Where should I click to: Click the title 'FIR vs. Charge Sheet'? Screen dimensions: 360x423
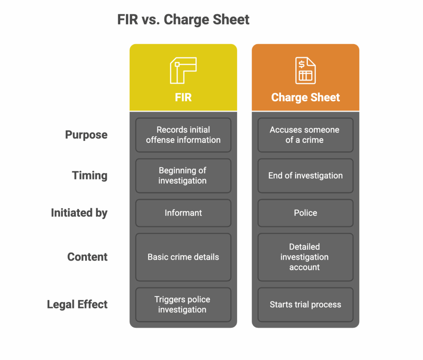(x=183, y=20)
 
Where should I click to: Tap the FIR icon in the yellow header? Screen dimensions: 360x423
(x=183, y=71)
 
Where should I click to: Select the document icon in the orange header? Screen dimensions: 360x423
(x=305, y=71)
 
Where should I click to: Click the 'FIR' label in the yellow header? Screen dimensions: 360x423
(x=183, y=97)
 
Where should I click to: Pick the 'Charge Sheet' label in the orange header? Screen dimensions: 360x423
(x=305, y=97)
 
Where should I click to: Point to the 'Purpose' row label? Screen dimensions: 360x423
(x=86, y=135)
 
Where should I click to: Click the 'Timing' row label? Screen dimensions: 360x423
(x=90, y=175)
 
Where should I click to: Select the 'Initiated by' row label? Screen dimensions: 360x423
(x=79, y=213)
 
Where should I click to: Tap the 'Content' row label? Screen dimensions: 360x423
(x=87, y=257)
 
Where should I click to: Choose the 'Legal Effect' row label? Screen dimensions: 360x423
(x=77, y=304)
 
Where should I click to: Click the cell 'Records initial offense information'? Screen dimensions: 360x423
(x=183, y=135)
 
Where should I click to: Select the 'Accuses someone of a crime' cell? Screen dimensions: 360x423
(x=305, y=135)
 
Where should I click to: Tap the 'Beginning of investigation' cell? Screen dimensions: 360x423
(x=183, y=175)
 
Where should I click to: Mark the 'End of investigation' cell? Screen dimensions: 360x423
(x=305, y=175)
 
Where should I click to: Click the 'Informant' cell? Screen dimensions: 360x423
(x=183, y=213)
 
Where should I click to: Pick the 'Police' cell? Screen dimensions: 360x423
(x=305, y=213)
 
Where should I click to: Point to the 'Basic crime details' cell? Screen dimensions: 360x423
(x=183, y=257)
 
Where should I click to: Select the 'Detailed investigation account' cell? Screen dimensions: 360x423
(x=305, y=257)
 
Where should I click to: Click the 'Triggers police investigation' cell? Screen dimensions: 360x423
(x=183, y=304)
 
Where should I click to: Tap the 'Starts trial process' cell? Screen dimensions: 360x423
(x=305, y=304)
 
